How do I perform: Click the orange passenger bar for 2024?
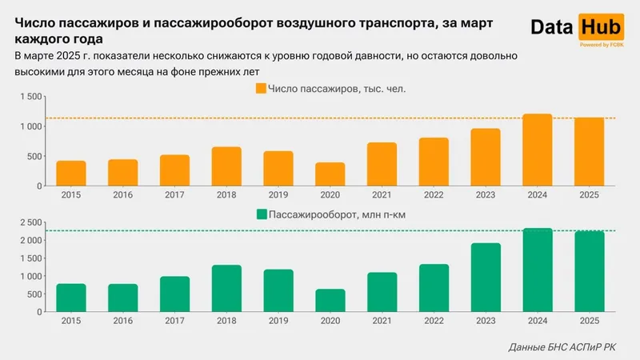pyautogui.click(x=538, y=150)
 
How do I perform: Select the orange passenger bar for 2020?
pyautogui.click(x=330, y=174)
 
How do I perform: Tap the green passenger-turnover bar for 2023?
pyautogui.click(x=486, y=277)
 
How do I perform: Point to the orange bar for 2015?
pyautogui.click(x=71, y=174)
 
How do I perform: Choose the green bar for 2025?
pyautogui.click(x=590, y=270)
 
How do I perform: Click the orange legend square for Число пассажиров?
pyautogui.click(x=260, y=88)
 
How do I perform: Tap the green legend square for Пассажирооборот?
pyautogui.click(x=261, y=214)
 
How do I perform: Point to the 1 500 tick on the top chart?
pyautogui.click(x=30, y=97)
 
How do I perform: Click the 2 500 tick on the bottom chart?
pyautogui.click(x=30, y=222)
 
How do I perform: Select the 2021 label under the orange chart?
pyautogui.click(x=382, y=194)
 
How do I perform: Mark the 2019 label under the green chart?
pyautogui.click(x=278, y=320)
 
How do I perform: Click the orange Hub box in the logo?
pyautogui.click(x=598, y=27)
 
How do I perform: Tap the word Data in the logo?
pyautogui.click(x=552, y=27)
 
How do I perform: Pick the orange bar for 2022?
pyautogui.click(x=434, y=162)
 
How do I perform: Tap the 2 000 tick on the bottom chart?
pyautogui.click(x=30, y=240)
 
